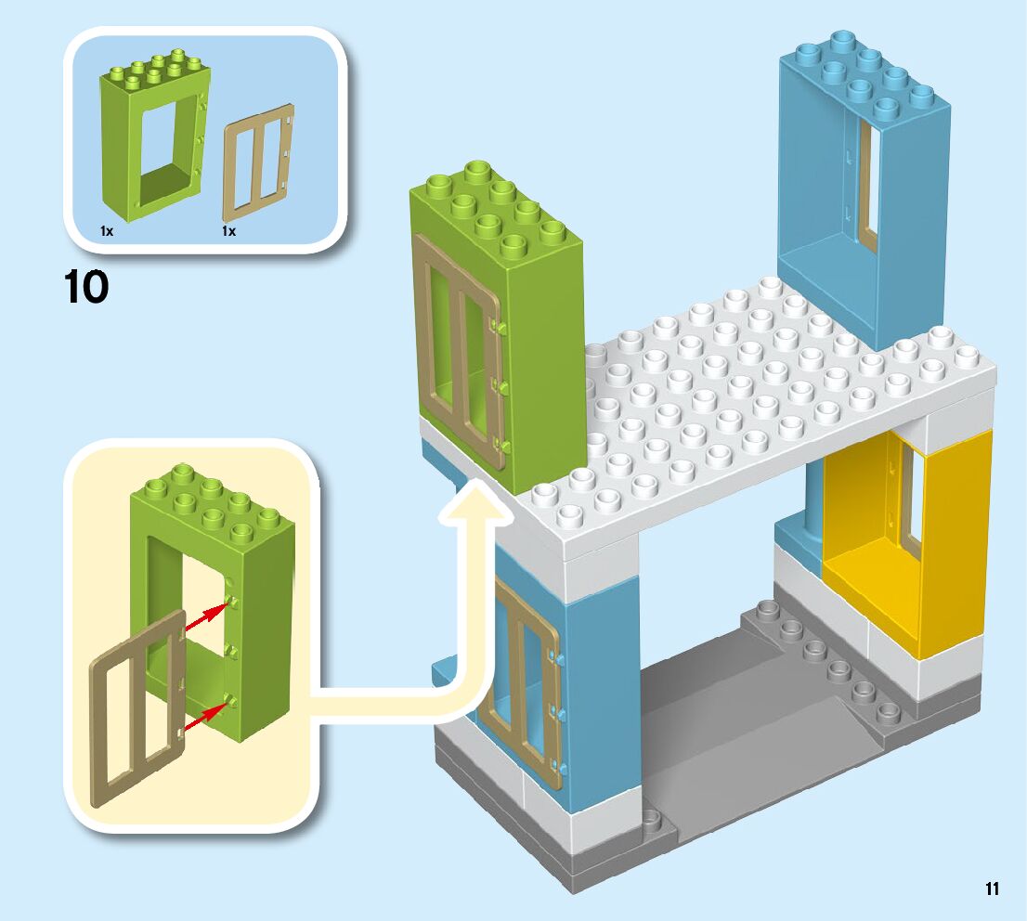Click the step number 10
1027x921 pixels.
(86, 288)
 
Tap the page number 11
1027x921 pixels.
(992, 889)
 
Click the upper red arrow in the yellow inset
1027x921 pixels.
(207, 617)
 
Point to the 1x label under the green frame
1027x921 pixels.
(107, 231)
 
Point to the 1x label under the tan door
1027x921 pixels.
(228, 231)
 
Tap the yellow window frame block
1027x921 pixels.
(938, 548)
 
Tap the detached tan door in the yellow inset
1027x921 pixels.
(136, 710)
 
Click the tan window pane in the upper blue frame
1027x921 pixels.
(868, 186)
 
